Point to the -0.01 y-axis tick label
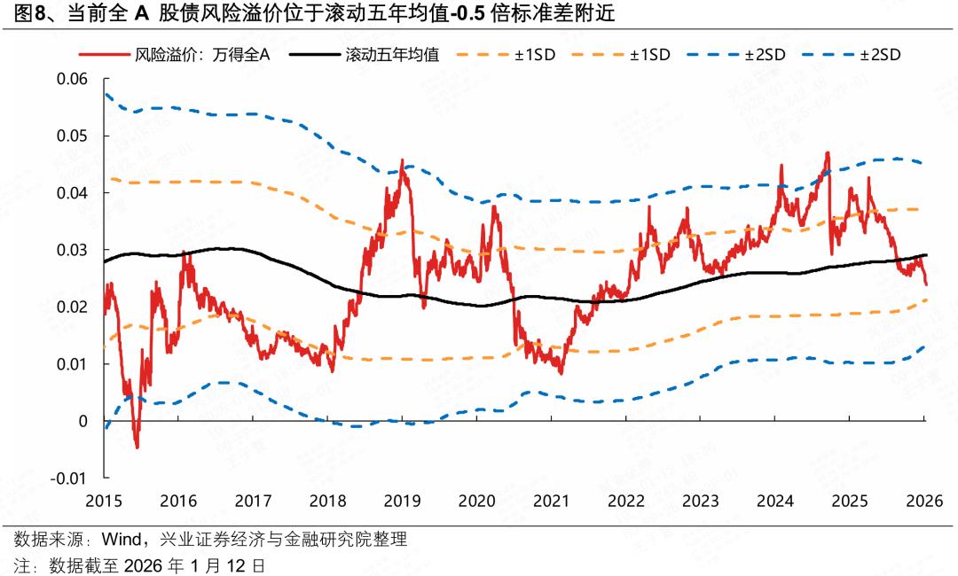coord(71,479)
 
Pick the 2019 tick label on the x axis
coord(403,500)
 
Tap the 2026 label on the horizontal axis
coord(924,500)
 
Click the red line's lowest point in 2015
coord(137,447)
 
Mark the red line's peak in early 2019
coord(402,161)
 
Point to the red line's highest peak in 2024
coord(827,152)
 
